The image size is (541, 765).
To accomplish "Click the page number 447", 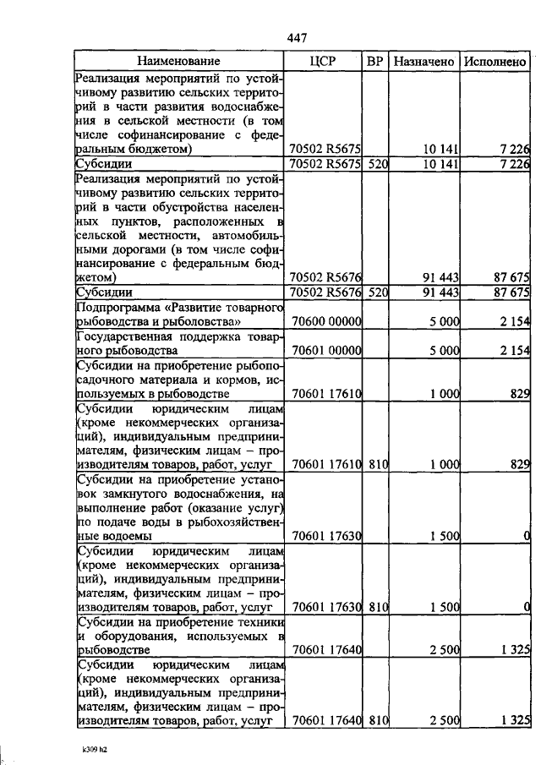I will pos(296,38).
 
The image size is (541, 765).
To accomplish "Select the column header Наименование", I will pos(179,61).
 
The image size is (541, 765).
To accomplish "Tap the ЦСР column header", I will pos(325,61).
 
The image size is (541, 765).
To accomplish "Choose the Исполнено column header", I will pos(495,61).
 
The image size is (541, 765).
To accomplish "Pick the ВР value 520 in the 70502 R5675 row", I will pos(377,164).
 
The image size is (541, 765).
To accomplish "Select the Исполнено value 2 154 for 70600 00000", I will pos(512,322).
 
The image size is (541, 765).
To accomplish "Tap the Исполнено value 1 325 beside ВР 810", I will pos(512,720).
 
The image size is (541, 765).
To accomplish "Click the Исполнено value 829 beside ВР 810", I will pos(519,465).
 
